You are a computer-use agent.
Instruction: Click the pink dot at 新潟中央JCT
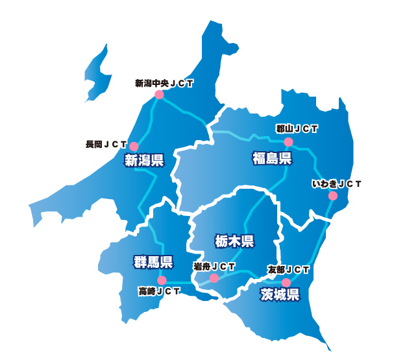click(x=159, y=95)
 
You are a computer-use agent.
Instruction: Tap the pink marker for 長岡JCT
click(x=134, y=146)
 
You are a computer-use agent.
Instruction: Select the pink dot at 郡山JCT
click(x=289, y=141)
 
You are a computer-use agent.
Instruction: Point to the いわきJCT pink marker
click(x=333, y=196)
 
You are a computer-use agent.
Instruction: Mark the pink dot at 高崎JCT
click(x=162, y=280)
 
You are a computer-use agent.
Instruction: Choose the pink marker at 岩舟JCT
click(x=214, y=278)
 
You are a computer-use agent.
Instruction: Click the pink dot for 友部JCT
click(x=286, y=282)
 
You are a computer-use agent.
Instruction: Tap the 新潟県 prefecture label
click(x=144, y=161)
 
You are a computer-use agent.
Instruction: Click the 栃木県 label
click(x=234, y=242)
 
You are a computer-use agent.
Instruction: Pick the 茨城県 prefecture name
click(x=280, y=295)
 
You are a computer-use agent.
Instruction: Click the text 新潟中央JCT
click(x=164, y=84)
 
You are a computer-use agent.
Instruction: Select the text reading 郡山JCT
click(x=297, y=129)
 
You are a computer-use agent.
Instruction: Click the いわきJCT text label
click(x=336, y=184)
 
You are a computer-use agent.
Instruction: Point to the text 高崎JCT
click(x=159, y=291)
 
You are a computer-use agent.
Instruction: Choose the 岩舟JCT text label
click(x=214, y=267)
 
